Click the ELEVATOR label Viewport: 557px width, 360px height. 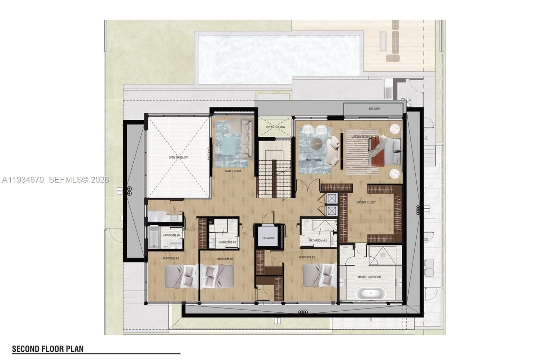pos(268,238)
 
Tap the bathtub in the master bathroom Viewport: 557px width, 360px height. pos(370,294)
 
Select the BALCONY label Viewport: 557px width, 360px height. pos(375,109)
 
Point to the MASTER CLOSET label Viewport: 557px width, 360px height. pos(366,202)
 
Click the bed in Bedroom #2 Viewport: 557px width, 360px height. pos(319,275)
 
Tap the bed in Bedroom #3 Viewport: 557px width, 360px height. pos(217,276)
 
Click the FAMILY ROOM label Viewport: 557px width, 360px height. pos(233,171)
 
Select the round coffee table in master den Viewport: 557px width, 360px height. pos(317,143)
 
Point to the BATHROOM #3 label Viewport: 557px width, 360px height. pos(227,242)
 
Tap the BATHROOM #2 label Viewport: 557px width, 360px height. pos(318,241)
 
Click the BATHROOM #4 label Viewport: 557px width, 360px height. pos(172,235)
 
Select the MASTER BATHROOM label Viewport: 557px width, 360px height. pos(369,277)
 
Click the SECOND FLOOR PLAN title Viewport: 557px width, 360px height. pos(48,349)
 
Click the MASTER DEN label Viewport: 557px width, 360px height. pos(313,160)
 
